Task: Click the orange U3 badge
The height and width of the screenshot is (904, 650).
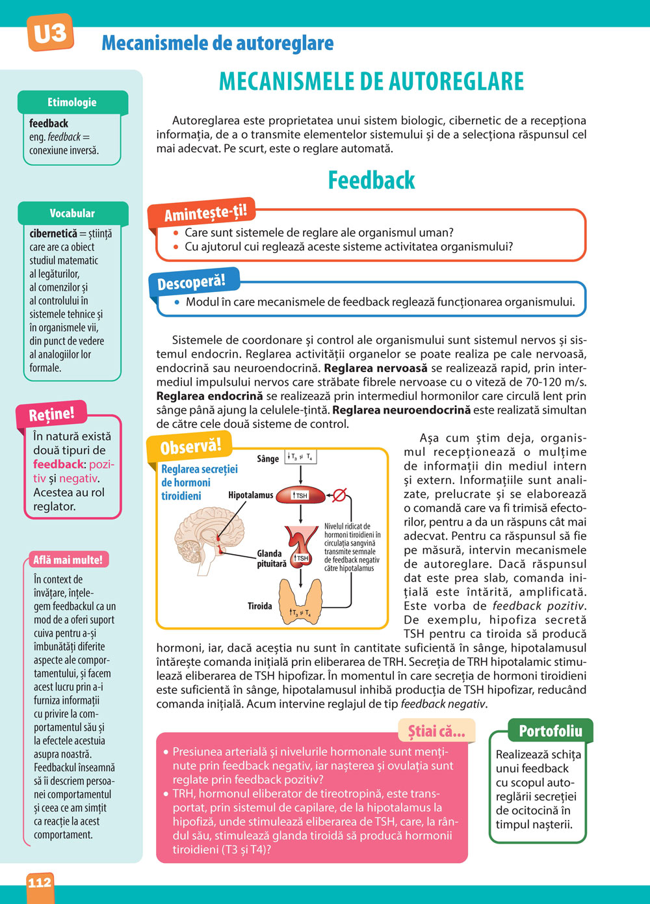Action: coord(49,33)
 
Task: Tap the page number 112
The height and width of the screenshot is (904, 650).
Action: coord(40,883)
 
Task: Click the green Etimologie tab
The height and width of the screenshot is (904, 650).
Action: coord(72,102)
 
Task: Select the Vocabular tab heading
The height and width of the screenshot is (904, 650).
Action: coord(72,213)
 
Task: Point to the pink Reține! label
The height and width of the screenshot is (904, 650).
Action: coord(51,414)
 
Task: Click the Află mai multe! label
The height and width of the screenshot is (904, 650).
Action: coord(68,559)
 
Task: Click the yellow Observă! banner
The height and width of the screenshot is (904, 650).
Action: coord(190,447)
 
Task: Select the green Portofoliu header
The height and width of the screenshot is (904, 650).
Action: coord(551,731)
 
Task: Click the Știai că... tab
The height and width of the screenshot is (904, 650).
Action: coord(436,731)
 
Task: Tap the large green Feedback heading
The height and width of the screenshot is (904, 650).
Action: coord(371,180)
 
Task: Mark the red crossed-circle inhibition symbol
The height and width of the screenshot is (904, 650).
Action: coord(339,495)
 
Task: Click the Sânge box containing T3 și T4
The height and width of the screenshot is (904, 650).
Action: coord(300,457)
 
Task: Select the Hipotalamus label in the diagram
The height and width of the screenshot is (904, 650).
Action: coord(250,495)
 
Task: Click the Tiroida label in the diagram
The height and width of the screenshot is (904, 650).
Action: coord(259,606)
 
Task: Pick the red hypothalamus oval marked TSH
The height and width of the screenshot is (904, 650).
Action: coord(300,496)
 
